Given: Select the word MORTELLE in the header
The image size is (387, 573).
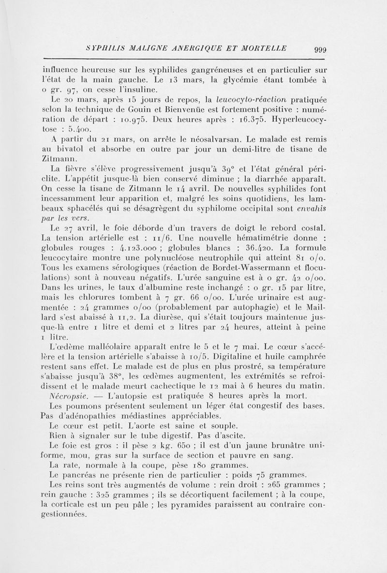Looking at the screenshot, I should [264, 48].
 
